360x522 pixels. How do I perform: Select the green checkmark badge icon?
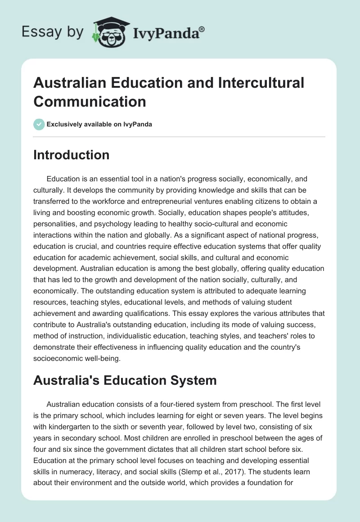tap(39, 124)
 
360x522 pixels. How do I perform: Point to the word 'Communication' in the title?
tap(90, 101)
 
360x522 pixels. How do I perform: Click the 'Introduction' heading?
tap(72, 155)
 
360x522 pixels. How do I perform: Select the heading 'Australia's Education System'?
tap(125, 380)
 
